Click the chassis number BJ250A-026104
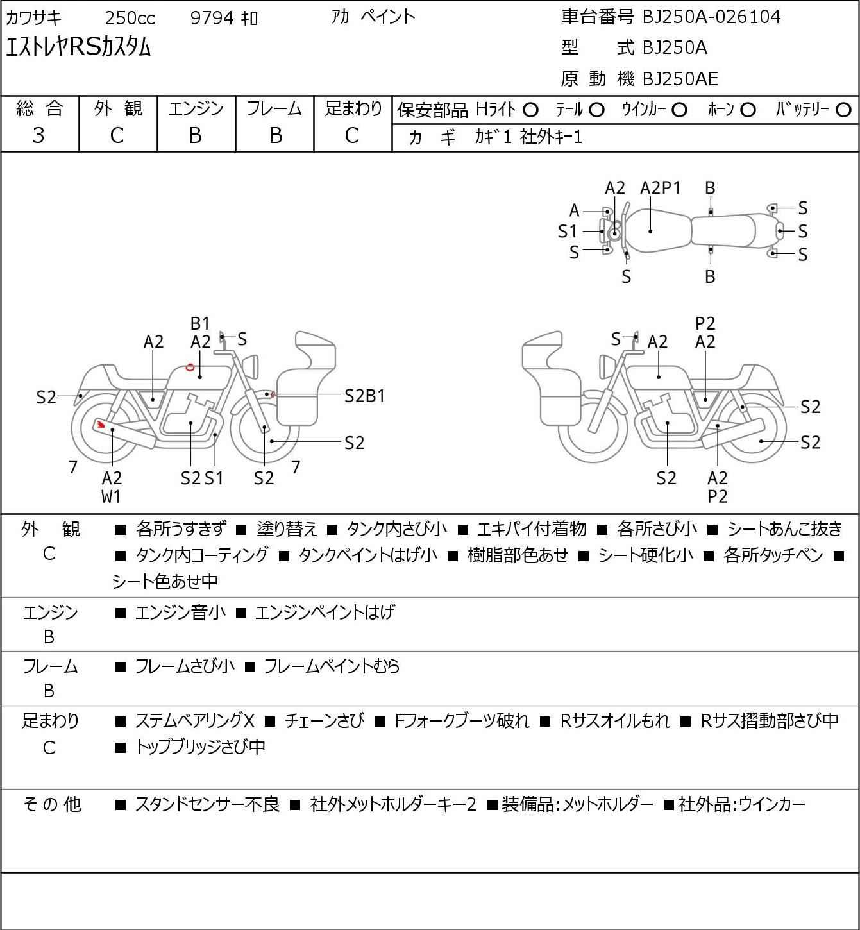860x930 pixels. (x=711, y=17)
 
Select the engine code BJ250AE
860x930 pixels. (x=680, y=79)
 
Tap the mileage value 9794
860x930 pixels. (x=212, y=18)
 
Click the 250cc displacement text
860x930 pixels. (x=130, y=18)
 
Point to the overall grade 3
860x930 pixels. (x=38, y=135)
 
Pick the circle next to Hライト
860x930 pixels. (x=530, y=110)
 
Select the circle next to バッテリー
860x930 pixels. (x=843, y=110)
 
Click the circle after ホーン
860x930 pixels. (x=748, y=110)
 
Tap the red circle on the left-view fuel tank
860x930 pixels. (x=190, y=367)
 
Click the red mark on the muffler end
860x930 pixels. (x=100, y=425)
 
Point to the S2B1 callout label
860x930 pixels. (x=364, y=396)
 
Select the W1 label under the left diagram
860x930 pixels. (x=111, y=496)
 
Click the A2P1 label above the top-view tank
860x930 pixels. (x=660, y=188)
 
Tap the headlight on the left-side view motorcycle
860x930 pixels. (x=251, y=367)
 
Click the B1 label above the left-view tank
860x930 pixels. (x=200, y=323)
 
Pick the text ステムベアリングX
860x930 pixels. (x=195, y=721)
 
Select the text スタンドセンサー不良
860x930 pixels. (x=207, y=804)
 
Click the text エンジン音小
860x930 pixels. (x=180, y=612)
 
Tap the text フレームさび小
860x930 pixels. (x=185, y=666)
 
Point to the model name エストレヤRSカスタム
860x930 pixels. (x=78, y=47)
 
